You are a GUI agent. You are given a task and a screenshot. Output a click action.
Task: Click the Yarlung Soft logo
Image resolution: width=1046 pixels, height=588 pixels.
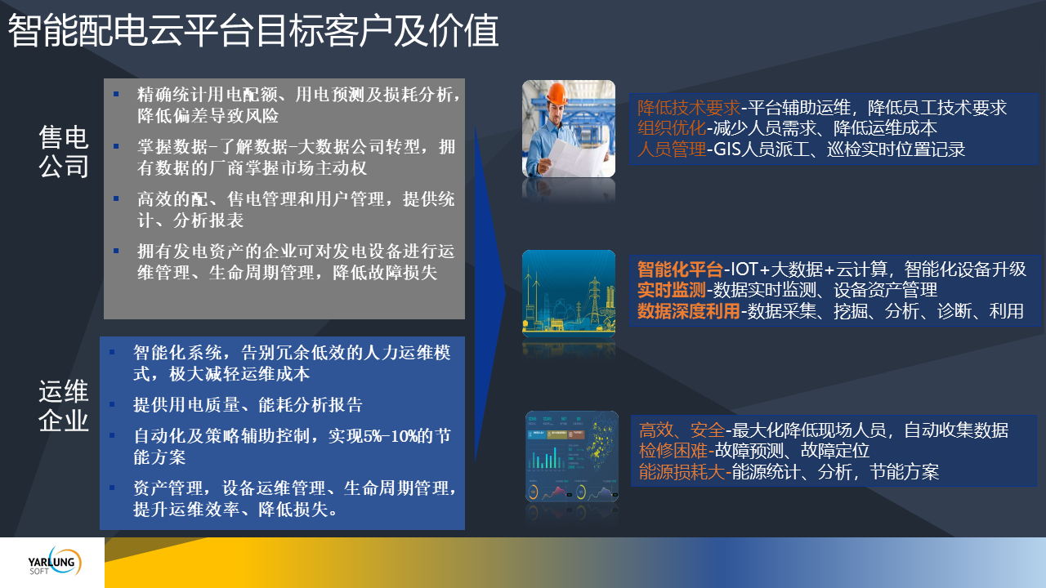pyautogui.click(x=55, y=562)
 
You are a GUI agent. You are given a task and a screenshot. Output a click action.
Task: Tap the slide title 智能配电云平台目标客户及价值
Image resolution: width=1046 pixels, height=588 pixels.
pyautogui.click(x=253, y=31)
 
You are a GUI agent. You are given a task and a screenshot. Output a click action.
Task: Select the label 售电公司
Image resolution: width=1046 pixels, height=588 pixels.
pyautogui.click(x=64, y=152)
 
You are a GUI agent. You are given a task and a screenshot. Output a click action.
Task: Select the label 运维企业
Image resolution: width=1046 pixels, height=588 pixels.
pyautogui.click(x=64, y=405)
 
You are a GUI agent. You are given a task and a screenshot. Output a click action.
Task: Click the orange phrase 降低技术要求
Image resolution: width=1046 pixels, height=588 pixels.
pyautogui.click(x=689, y=108)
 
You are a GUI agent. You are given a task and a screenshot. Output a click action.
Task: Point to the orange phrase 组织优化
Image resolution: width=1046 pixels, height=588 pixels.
pyautogui.click(x=672, y=128)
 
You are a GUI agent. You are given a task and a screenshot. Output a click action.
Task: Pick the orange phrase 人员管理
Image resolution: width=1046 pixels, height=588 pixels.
pyautogui.click(x=672, y=149)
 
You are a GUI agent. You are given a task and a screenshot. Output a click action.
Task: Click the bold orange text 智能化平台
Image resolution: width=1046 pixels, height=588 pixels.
pyautogui.click(x=680, y=269)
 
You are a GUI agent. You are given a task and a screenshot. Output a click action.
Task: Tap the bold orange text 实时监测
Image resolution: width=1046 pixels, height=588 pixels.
pyautogui.click(x=672, y=290)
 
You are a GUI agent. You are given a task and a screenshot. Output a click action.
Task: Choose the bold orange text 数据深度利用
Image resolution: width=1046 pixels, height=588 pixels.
pyautogui.click(x=689, y=311)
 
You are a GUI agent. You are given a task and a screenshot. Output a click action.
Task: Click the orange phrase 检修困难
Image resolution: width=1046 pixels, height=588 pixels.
pyautogui.click(x=673, y=450)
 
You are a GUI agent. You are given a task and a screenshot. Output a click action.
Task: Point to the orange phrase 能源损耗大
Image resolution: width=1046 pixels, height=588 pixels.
pyautogui.click(x=682, y=471)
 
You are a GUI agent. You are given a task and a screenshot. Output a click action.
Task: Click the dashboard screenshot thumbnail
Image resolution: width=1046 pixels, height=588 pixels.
pyautogui.click(x=572, y=457)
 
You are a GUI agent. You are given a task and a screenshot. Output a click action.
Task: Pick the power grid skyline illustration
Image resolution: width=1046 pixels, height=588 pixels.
pyautogui.click(x=569, y=293)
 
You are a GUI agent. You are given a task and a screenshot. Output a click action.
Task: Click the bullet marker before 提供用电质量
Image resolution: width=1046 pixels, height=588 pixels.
pyautogui.click(x=112, y=404)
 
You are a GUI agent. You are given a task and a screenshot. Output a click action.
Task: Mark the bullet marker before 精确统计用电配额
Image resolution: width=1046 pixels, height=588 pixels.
pyautogui.click(x=116, y=94)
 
